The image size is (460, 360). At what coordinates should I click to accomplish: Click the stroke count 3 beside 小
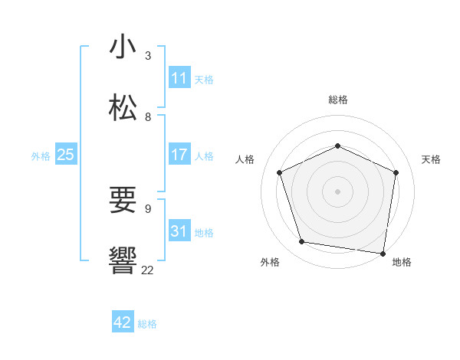[x=148, y=55]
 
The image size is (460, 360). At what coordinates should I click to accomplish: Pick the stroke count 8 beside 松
[x=148, y=116]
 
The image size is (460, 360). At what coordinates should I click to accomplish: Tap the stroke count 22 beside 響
[x=147, y=270]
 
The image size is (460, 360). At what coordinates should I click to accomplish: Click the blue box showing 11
[x=179, y=78]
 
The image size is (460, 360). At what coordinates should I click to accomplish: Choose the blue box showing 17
[x=179, y=155]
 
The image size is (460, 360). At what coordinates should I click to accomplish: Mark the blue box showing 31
[x=179, y=231]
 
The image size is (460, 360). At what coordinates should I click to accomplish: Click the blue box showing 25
[x=66, y=155]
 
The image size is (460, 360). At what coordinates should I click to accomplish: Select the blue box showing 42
[x=123, y=322]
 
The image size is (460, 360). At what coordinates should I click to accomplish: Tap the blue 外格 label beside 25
[x=41, y=156]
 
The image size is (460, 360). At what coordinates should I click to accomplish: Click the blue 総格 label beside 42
[x=147, y=324]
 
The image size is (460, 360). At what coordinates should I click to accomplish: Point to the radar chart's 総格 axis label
[x=337, y=100]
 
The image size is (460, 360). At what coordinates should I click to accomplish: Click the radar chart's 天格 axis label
[x=431, y=159]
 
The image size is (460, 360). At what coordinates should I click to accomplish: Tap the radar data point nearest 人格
[x=280, y=172]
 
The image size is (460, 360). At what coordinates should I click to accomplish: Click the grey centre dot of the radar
[x=337, y=191]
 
